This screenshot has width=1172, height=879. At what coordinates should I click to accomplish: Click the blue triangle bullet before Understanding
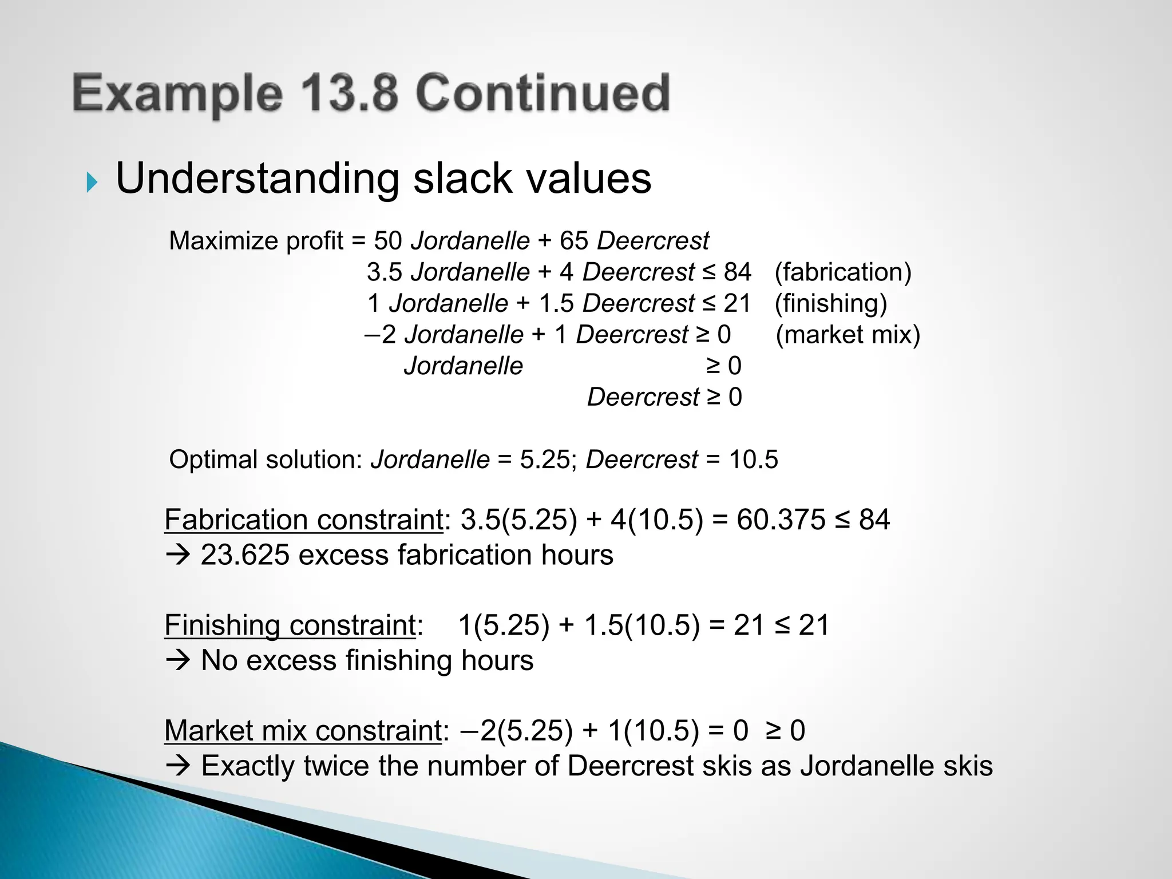92,183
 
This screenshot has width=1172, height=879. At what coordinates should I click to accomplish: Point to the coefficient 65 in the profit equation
573,241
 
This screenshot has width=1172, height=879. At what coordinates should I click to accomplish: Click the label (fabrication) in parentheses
842,272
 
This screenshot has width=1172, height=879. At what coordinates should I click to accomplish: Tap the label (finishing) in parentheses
830,303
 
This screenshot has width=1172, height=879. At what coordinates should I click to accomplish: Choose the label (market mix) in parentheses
848,335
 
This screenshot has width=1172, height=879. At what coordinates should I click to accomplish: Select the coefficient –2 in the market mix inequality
380,335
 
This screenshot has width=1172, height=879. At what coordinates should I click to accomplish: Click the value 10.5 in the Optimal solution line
753,460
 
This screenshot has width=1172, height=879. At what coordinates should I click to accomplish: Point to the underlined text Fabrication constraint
303,520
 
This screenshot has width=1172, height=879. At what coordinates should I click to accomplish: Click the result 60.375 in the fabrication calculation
781,520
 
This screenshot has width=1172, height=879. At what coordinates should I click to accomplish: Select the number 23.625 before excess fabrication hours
244,555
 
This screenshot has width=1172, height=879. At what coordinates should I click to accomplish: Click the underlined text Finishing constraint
290,625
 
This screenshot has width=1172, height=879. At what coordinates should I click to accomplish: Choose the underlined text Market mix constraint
302,731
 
